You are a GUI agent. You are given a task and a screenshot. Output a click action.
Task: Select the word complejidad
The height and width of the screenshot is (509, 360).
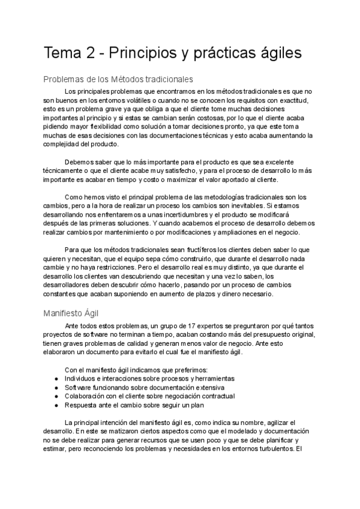(64, 145)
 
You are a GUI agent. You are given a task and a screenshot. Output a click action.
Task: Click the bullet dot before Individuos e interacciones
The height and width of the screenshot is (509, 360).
(56, 379)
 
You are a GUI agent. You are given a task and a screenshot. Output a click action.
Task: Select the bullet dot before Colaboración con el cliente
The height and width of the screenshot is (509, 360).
(56, 396)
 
